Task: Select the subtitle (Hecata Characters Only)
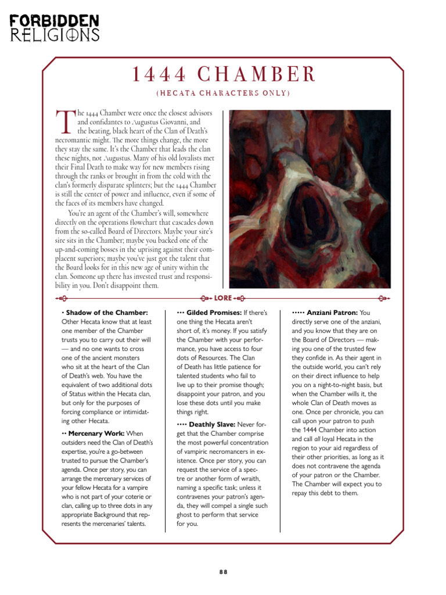223,93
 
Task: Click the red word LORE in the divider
222,298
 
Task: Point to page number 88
223,571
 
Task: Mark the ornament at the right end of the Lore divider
383,298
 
